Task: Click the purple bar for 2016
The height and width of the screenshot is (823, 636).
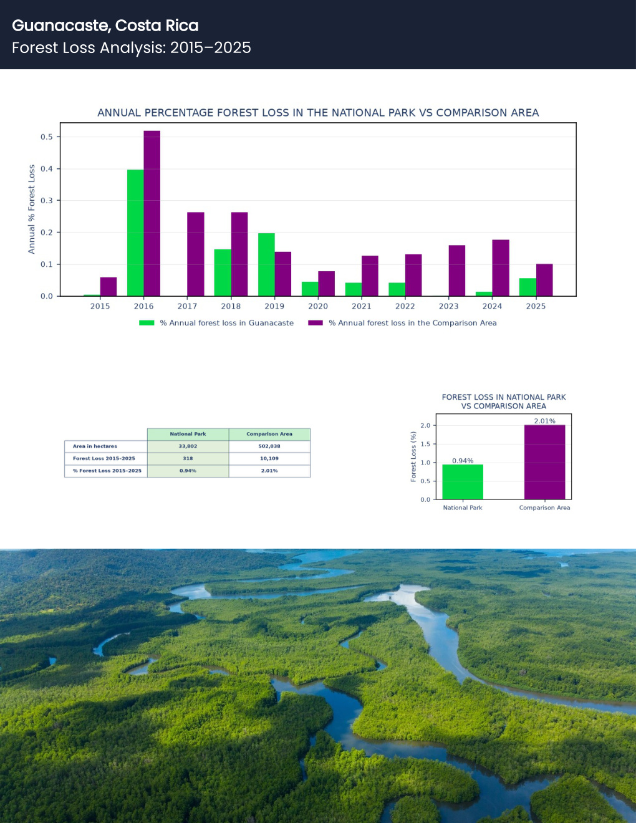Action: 152,213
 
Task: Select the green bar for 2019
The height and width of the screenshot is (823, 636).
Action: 266,265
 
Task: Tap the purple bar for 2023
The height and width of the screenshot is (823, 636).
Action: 457,271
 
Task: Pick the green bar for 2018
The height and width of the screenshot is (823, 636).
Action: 223,272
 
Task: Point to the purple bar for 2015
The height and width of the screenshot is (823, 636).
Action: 108,287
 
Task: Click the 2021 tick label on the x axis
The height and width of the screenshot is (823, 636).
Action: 362,306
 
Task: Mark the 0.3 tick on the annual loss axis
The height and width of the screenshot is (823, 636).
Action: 47,200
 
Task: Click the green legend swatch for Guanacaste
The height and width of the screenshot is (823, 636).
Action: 147,323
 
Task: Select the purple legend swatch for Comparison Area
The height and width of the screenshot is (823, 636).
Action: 315,323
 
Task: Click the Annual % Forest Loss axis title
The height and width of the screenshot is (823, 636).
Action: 31,209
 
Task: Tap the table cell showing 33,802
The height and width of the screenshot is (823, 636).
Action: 188,446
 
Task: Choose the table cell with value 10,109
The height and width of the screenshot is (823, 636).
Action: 269,458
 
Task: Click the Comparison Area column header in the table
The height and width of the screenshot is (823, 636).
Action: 269,434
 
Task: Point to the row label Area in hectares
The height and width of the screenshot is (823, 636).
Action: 95,446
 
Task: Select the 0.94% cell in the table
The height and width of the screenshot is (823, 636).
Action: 188,471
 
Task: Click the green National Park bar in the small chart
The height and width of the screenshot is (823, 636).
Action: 463,482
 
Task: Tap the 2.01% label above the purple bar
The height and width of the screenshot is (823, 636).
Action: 545,421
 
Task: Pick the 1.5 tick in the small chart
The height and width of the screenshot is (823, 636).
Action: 425,444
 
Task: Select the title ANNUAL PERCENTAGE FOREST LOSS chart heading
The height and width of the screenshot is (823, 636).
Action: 318,112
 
